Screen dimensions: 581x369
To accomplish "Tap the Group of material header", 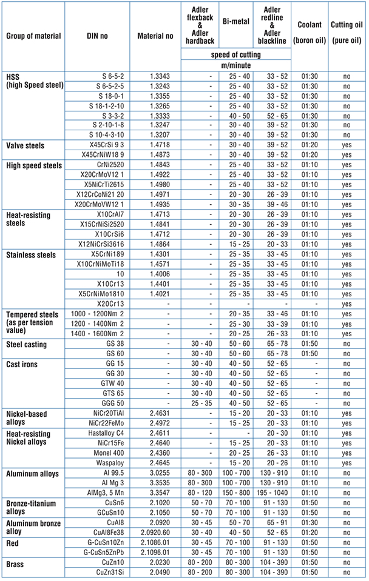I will tap(33, 36).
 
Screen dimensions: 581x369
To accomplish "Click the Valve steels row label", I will tap(27, 146).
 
